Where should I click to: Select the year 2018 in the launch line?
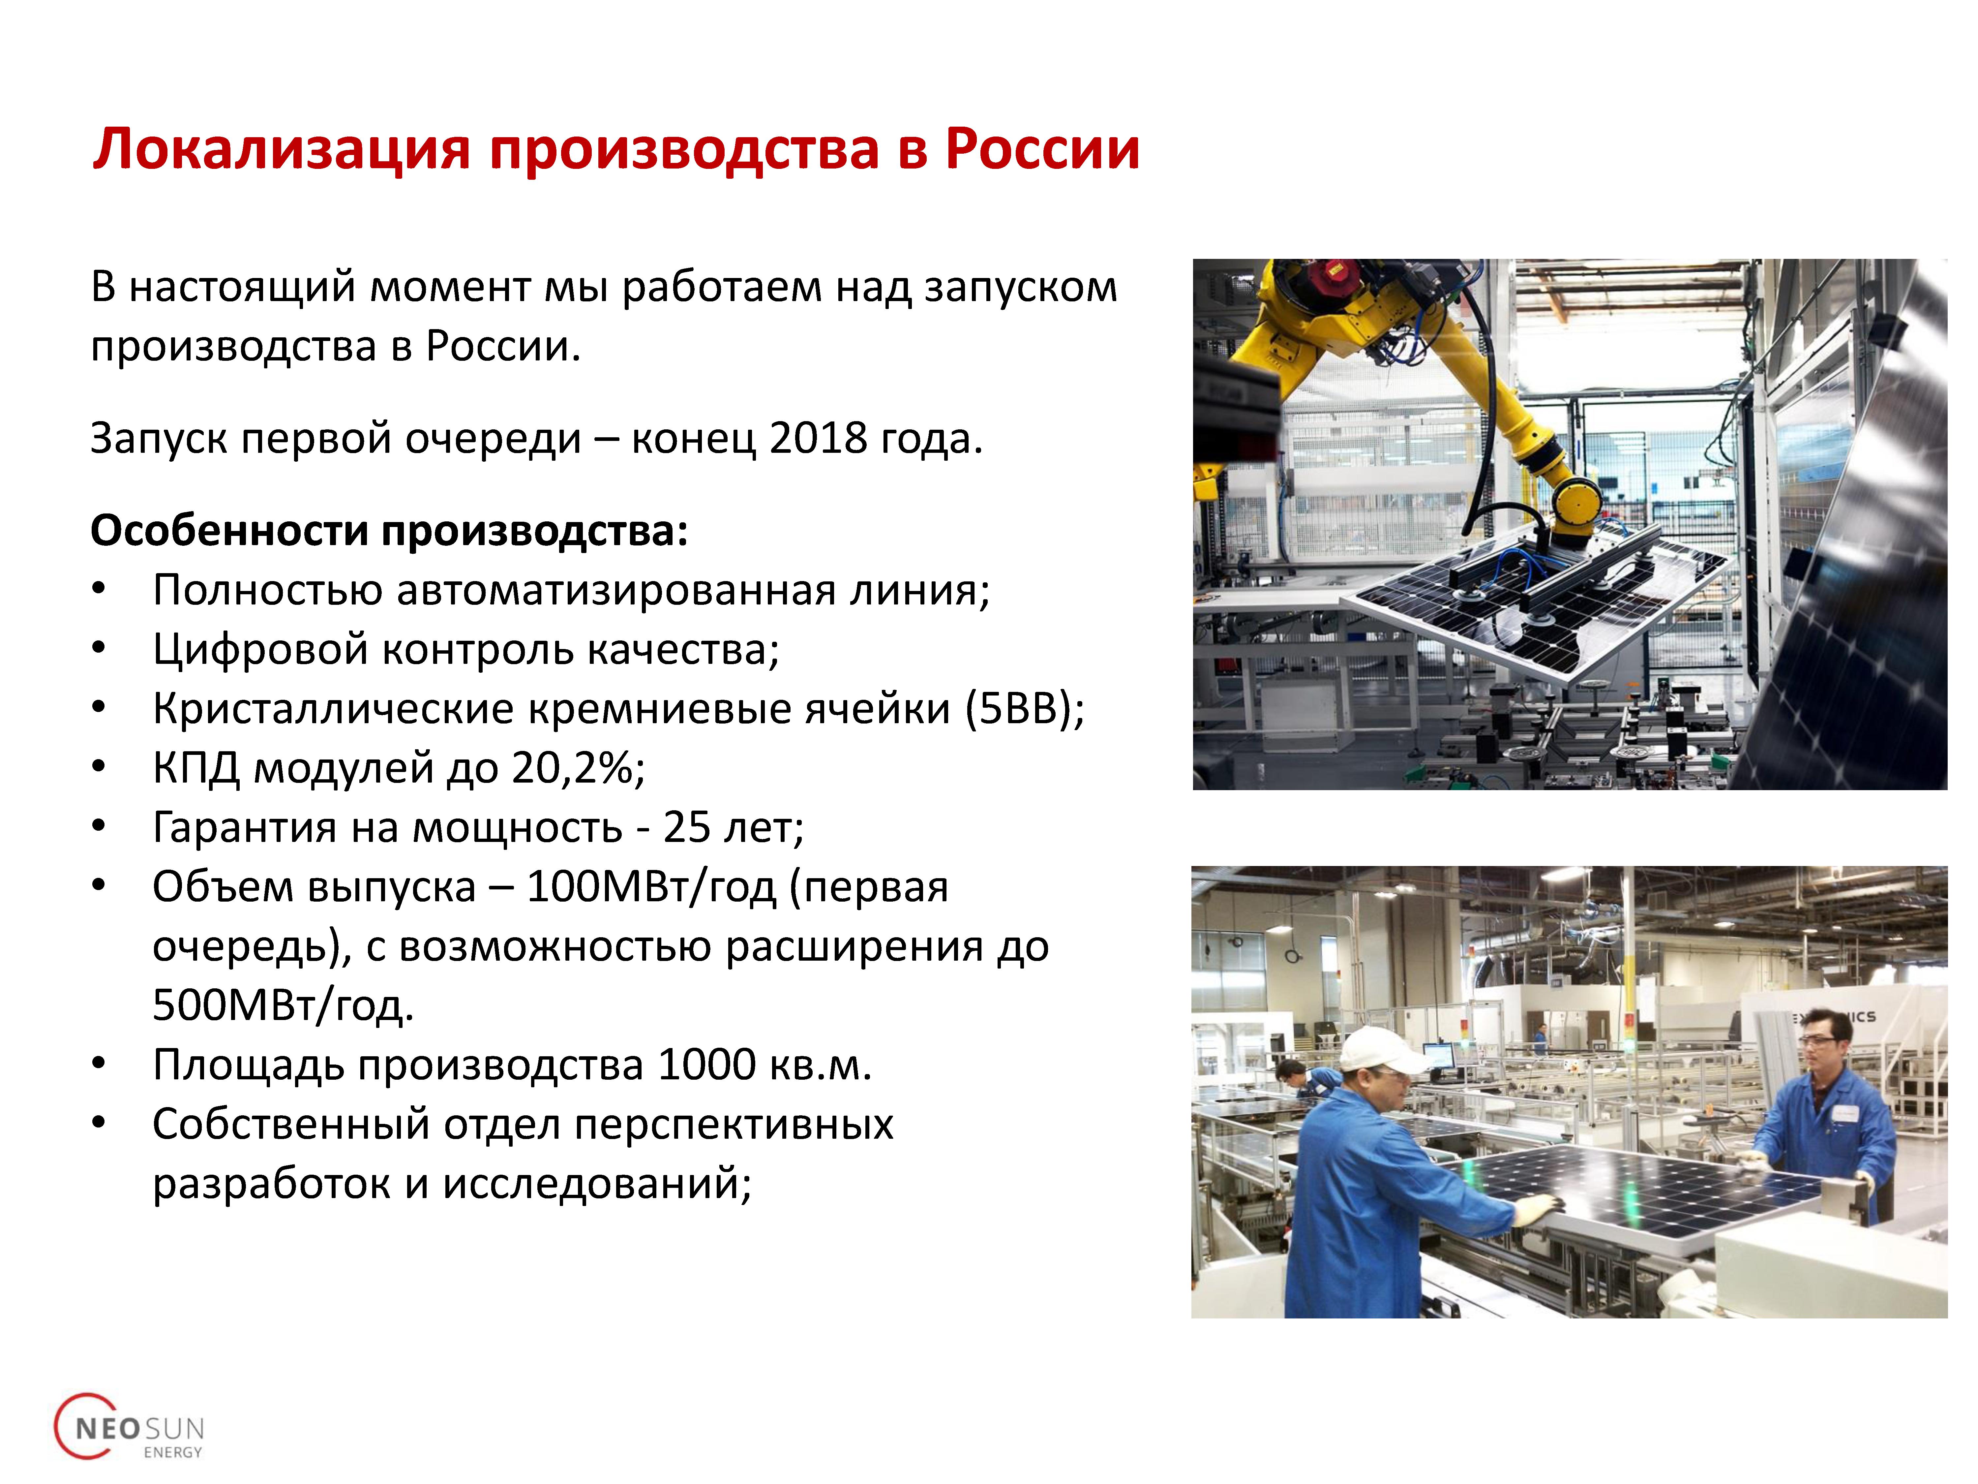[x=818, y=438]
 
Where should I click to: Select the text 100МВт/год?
[x=650, y=887]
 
